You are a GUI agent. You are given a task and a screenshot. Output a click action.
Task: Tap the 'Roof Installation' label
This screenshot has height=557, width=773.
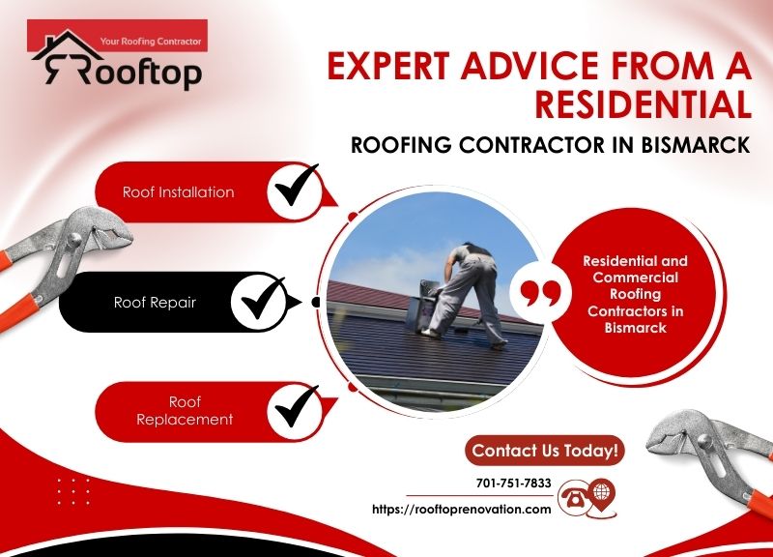click(178, 191)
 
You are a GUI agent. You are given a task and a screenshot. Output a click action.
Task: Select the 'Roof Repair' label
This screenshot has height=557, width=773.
click(155, 302)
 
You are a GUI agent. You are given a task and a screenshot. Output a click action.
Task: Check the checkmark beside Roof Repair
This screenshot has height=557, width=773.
click(258, 302)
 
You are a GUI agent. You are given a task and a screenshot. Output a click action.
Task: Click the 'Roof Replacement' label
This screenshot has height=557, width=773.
click(185, 410)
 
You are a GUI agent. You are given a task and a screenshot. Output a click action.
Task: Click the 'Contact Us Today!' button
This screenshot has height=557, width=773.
click(545, 450)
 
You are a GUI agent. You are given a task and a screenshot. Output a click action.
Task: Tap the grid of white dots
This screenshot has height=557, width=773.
click(72, 491)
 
